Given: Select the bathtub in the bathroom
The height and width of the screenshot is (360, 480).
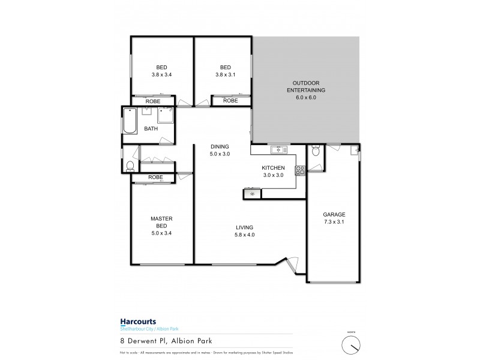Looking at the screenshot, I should pos(130,120).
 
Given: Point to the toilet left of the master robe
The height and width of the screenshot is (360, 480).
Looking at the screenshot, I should pos(130,166).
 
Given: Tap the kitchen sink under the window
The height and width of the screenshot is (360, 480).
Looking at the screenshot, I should pos(277,149).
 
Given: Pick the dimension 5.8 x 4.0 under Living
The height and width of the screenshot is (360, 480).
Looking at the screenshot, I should pos(244,235).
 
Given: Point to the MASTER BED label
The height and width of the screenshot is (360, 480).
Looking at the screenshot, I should pos(161,223).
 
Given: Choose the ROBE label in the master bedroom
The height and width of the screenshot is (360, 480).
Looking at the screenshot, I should pos(155,177).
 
